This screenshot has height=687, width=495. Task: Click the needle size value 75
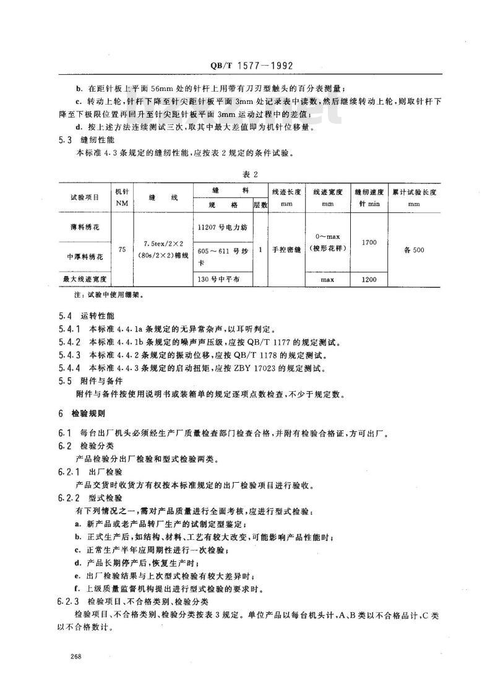[122, 249]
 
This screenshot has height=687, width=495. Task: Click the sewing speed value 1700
[369, 243]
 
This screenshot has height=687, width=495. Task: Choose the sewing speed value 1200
[369, 279]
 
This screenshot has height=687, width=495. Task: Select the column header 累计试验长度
[422, 192]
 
